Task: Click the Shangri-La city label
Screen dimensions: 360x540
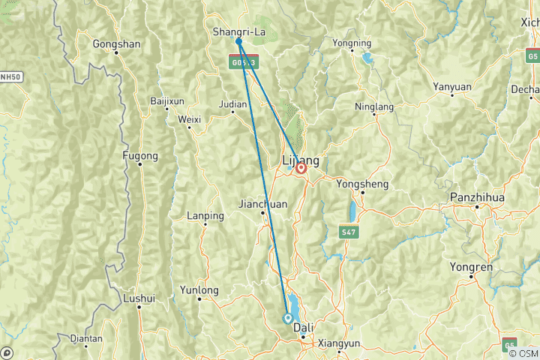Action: (238, 31)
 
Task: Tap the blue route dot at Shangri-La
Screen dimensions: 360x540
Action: (238, 41)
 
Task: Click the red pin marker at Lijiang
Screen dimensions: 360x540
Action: (301, 169)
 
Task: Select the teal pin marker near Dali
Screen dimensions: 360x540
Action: (287, 318)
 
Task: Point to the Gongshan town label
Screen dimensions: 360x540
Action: (116, 43)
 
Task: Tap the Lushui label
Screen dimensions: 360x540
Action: (140, 298)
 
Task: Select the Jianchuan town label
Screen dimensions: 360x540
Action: (262, 203)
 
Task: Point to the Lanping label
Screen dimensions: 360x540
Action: (205, 216)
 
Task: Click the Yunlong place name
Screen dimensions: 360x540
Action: (199, 289)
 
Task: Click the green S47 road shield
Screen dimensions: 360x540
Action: (348, 232)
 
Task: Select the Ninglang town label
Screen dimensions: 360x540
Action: (373, 106)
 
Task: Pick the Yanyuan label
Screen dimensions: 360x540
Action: (452, 87)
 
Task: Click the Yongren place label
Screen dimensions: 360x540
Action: (471, 266)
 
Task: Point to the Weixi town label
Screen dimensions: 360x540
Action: (190, 118)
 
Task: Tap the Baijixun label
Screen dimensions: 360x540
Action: (167, 100)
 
